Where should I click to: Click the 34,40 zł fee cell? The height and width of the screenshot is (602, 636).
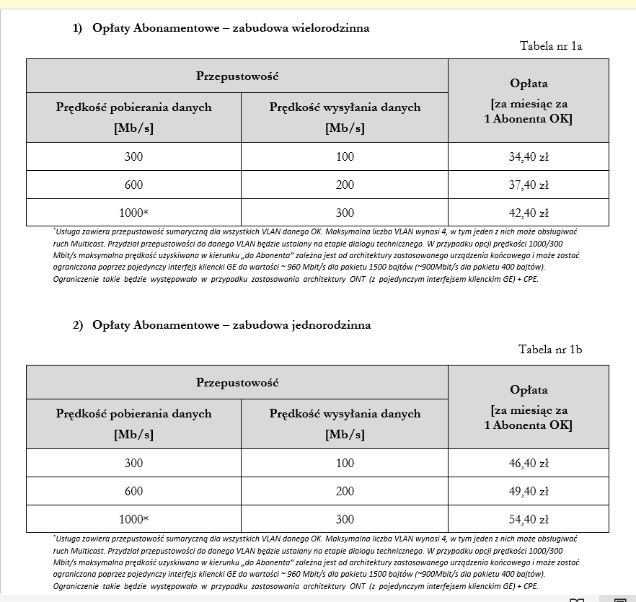[529, 156]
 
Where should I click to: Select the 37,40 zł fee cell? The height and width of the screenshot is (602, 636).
[529, 185]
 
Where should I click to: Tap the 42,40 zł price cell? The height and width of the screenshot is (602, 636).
[529, 213]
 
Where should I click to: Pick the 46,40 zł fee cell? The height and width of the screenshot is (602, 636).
[529, 463]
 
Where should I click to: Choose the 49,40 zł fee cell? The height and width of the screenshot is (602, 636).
[529, 492]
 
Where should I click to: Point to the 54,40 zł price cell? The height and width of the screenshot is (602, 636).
[529, 520]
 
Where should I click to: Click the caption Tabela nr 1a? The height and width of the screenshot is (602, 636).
[551, 46]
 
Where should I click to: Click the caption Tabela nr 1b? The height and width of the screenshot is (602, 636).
[550, 350]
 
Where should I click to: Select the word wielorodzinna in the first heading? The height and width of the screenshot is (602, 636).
[330, 28]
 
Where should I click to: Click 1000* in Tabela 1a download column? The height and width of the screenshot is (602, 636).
[134, 213]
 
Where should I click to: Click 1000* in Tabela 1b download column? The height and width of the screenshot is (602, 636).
[134, 520]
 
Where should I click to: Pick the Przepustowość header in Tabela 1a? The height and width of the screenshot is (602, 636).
[237, 76]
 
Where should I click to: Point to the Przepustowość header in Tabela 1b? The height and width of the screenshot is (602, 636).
[237, 383]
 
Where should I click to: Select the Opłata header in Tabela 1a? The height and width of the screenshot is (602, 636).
[529, 84]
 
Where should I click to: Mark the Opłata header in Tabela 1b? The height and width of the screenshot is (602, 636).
[529, 390]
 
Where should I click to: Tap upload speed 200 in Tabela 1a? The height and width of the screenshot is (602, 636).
[345, 185]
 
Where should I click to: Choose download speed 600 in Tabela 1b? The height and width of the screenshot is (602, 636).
[134, 492]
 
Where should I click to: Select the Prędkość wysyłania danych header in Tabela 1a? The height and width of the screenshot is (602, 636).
[345, 107]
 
